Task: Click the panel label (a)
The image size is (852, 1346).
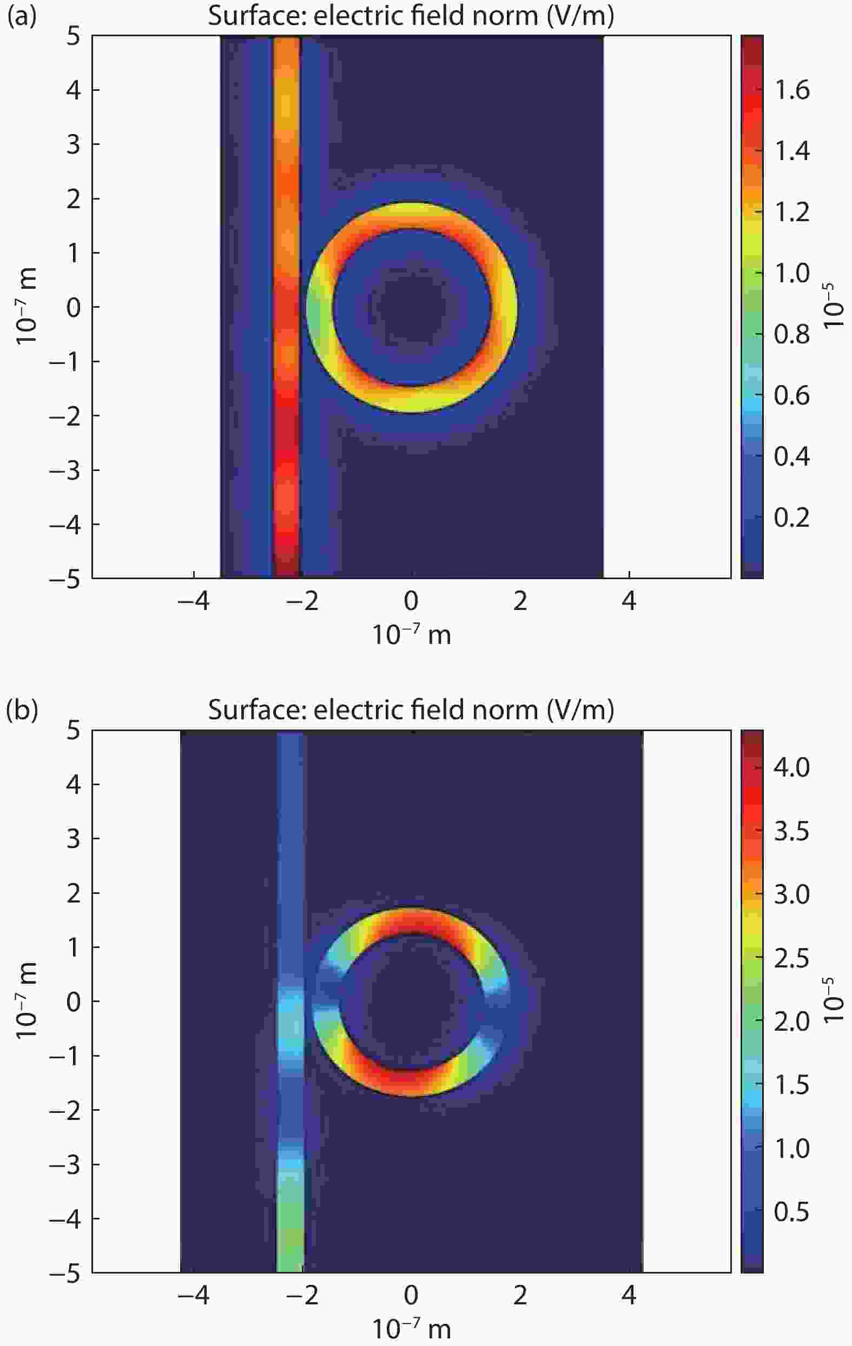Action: point(21,17)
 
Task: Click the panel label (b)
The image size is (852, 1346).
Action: point(21,711)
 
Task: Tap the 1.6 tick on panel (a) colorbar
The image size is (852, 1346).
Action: point(791,90)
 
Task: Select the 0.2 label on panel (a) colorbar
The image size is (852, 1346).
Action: point(791,518)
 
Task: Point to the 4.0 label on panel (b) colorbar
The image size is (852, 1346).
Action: point(791,767)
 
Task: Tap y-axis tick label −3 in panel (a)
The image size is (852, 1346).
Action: point(66,470)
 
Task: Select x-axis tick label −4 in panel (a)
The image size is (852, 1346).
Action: point(194,601)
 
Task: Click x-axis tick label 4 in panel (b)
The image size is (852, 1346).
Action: point(629,1295)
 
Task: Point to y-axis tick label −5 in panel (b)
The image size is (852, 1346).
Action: point(66,1274)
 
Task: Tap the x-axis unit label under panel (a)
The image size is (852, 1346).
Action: point(412,635)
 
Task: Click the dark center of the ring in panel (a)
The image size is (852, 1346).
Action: point(412,308)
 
